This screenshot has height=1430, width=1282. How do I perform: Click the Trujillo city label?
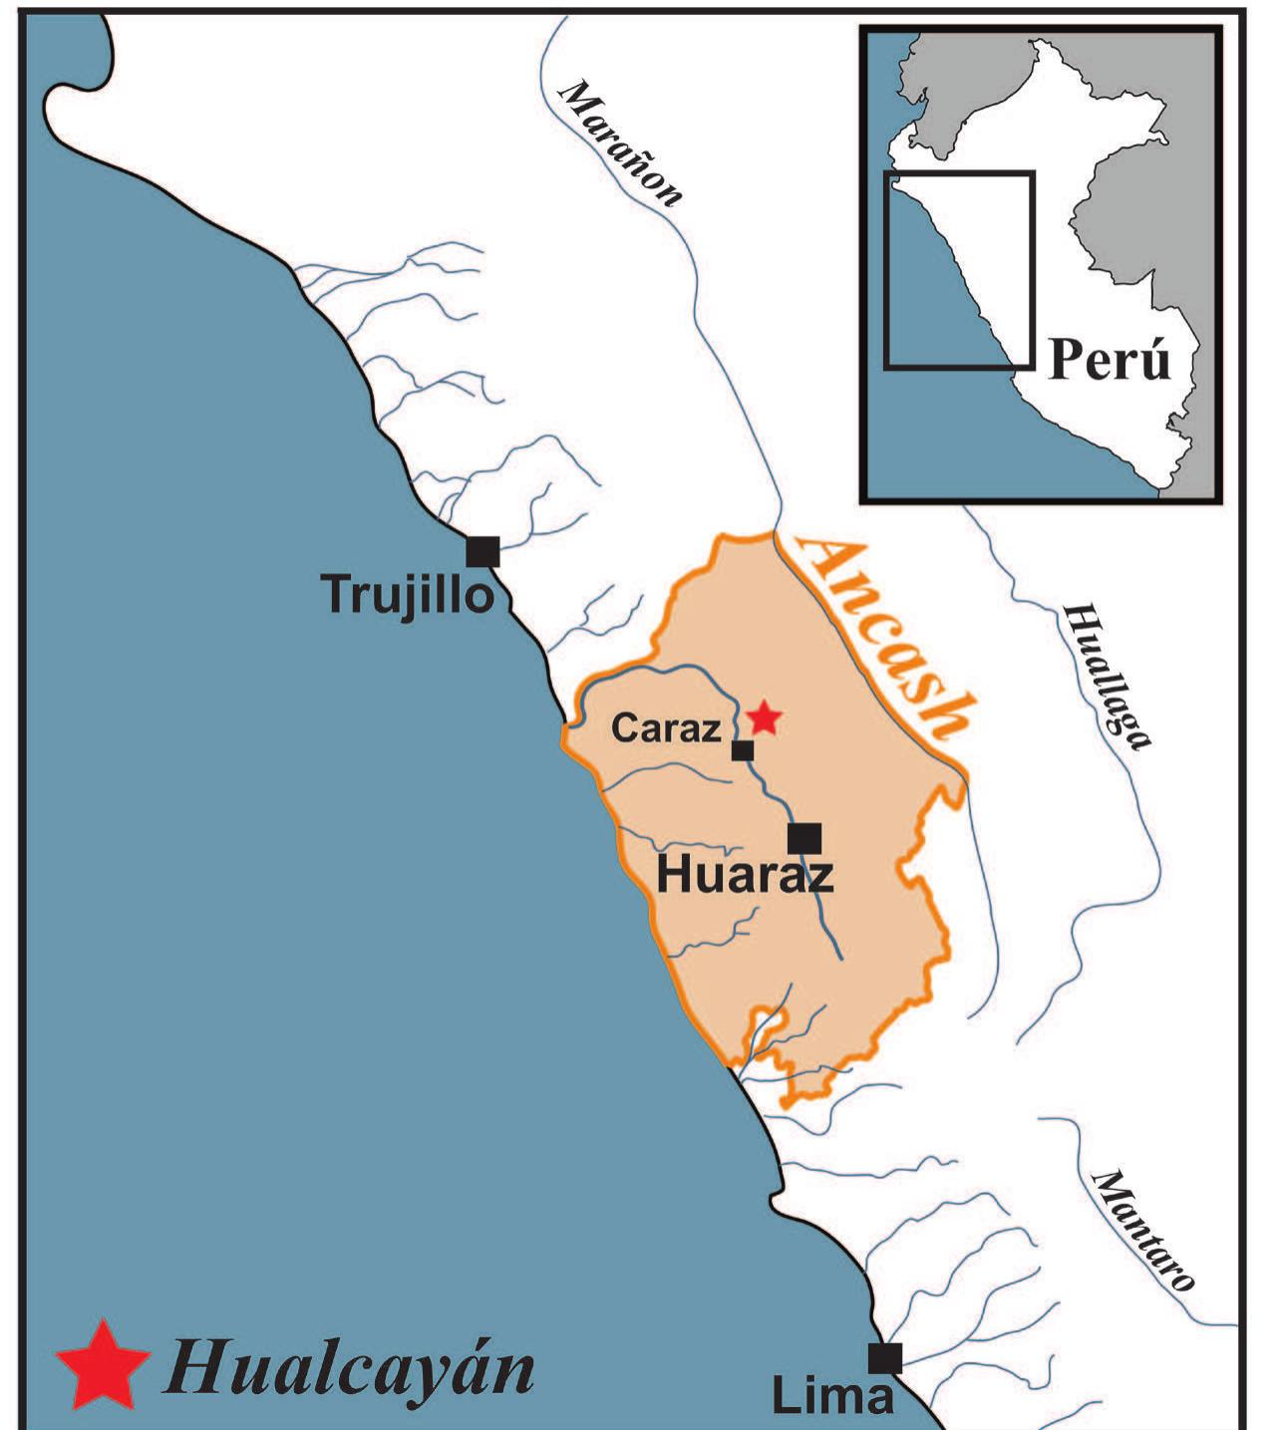(408, 595)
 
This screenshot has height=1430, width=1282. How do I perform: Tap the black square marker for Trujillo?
(483, 551)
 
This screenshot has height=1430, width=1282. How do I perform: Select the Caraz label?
(666, 728)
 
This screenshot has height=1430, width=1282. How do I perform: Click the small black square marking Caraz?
(743, 750)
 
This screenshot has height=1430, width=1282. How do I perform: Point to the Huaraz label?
(744, 876)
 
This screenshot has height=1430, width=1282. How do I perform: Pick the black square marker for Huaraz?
(804, 839)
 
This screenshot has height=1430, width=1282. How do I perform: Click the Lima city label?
(832, 1396)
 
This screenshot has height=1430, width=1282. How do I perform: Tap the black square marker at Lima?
(884, 1358)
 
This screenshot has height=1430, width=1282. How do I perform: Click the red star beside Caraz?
(765, 716)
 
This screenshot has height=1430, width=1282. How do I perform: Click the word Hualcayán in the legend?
(350, 1367)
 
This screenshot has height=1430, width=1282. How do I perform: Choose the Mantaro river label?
(1142, 1231)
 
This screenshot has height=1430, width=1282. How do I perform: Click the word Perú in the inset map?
(1110, 359)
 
